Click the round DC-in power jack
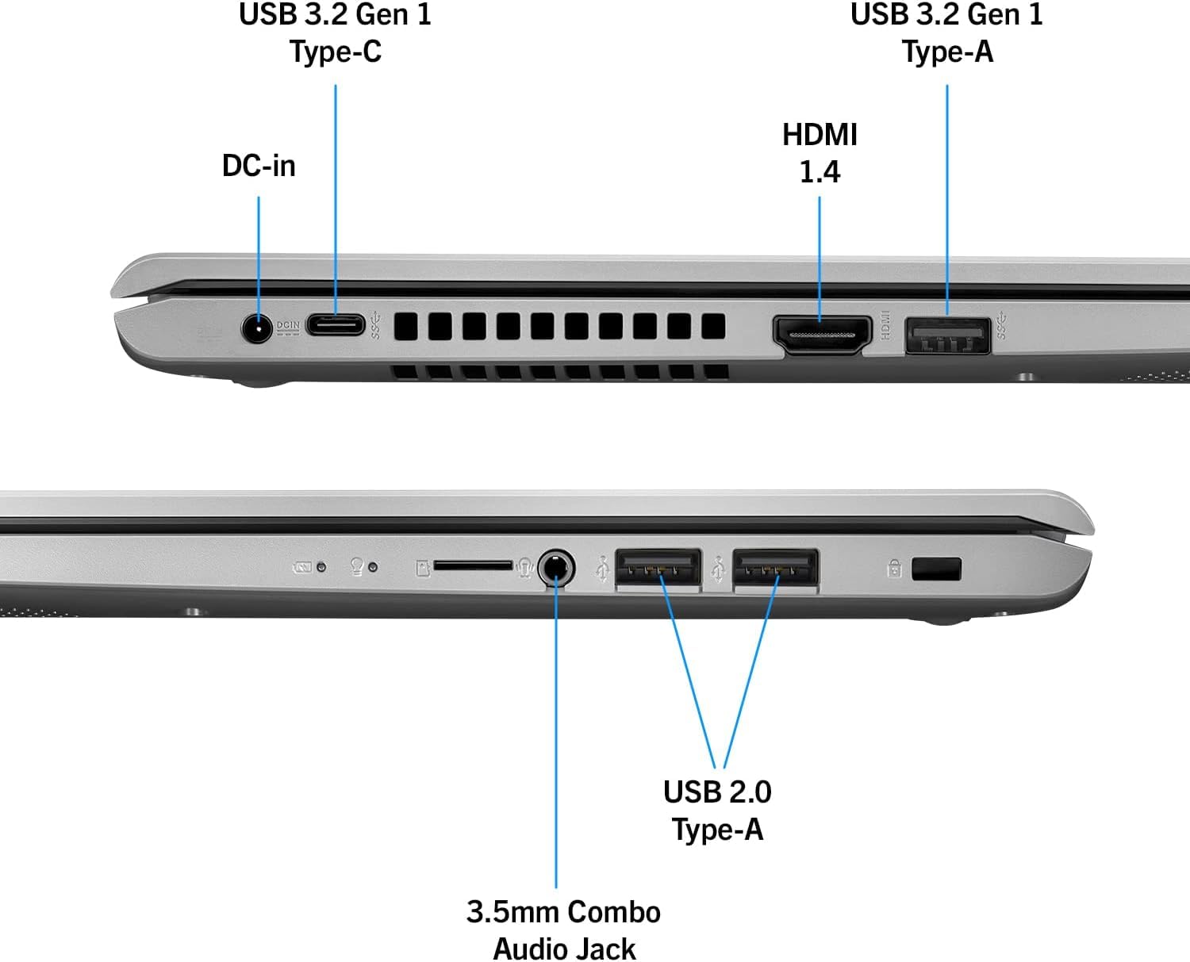point(256,328)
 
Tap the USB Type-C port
point(336,325)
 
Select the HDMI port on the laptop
point(822,335)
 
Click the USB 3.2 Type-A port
point(947,335)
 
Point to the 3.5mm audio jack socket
point(556,568)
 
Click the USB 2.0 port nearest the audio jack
point(658,568)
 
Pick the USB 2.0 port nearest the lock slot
point(775,568)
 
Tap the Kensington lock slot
point(936,569)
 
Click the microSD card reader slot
point(473,565)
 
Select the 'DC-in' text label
point(259,166)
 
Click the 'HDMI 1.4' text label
point(820,153)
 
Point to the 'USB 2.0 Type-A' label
point(717,811)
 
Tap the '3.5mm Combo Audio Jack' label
point(564,930)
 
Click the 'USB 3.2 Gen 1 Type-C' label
point(336,33)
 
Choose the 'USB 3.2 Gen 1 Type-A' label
point(947,33)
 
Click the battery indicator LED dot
point(321,567)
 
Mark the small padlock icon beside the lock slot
point(894,569)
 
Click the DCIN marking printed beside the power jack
point(288,328)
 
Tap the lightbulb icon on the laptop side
point(357,566)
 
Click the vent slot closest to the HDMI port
point(713,326)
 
